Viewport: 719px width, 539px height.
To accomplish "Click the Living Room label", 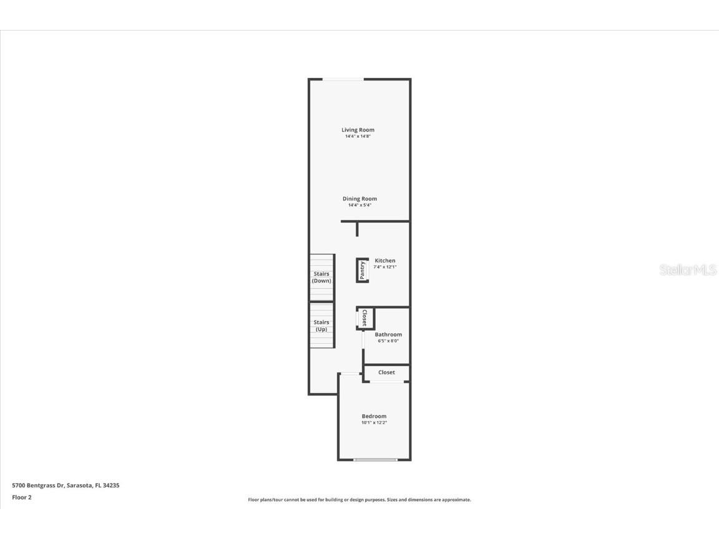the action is [x=358, y=130].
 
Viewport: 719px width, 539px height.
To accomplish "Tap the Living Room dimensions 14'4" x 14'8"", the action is [x=358, y=136].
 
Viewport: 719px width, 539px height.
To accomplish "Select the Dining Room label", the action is [x=359, y=198].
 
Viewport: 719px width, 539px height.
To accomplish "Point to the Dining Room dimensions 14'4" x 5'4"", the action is [x=359, y=205].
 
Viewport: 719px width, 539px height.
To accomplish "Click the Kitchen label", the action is [x=384, y=260].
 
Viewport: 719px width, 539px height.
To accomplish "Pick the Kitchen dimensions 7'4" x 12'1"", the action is [x=384, y=267].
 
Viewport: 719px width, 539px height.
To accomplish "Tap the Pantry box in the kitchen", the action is [x=362, y=270].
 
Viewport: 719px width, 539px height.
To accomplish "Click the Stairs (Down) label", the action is [x=321, y=277].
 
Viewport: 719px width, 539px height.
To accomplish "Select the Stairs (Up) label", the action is [x=321, y=326].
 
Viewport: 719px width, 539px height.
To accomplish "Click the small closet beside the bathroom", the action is [x=365, y=318].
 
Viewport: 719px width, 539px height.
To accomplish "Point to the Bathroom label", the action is [x=388, y=334].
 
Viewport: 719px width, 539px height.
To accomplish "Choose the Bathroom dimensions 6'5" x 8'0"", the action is [x=388, y=341].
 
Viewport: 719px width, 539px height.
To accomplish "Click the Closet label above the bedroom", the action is [x=386, y=372].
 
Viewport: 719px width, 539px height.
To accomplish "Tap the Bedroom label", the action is [x=374, y=416].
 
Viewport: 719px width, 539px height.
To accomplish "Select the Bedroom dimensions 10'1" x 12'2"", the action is [x=374, y=422].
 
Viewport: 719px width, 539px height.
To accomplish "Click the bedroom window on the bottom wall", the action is [x=376, y=459].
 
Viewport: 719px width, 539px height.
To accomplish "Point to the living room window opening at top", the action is [x=343, y=80].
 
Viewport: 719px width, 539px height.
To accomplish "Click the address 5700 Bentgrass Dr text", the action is [x=38, y=485].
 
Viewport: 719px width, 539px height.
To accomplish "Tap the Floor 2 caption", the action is [x=22, y=497].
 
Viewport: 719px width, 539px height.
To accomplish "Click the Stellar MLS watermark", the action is [x=688, y=269].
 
